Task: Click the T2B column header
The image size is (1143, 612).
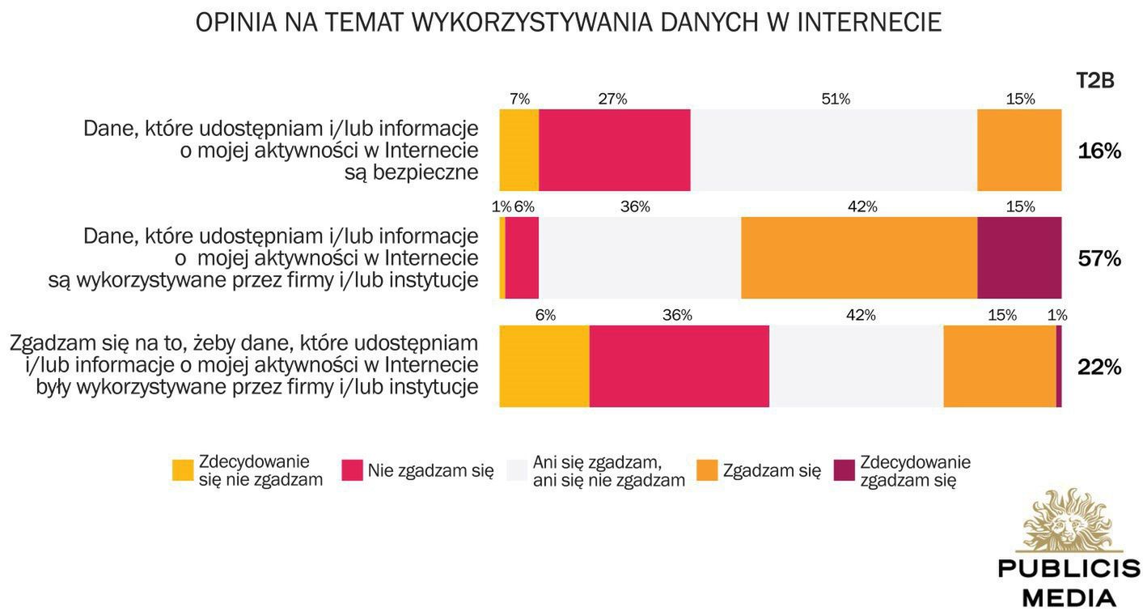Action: [1094, 81]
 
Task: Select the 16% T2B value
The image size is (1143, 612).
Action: [1099, 151]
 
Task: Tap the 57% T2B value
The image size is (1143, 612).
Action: [1099, 258]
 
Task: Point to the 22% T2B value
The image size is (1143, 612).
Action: [1099, 367]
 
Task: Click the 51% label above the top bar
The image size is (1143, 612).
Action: [836, 99]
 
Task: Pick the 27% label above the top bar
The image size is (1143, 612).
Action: [612, 99]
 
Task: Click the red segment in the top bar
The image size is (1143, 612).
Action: [614, 151]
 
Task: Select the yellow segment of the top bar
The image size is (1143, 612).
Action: [519, 151]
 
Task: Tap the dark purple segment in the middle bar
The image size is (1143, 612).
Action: [1019, 258]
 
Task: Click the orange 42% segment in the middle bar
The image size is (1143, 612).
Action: [859, 258]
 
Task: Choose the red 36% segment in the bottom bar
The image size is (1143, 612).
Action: [679, 367]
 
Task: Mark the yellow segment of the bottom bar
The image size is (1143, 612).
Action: [544, 367]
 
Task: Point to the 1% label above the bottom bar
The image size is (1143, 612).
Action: [1057, 315]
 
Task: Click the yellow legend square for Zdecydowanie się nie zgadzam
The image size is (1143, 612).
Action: [183, 470]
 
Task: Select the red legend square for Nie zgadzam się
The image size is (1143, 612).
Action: [352, 470]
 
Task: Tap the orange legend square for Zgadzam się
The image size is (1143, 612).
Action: [707, 470]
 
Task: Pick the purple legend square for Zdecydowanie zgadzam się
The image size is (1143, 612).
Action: [844, 470]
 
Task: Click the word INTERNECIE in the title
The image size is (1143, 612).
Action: [869, 23]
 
